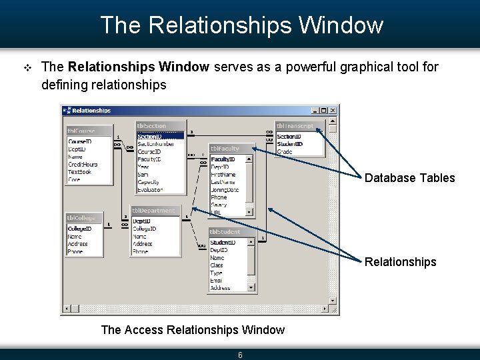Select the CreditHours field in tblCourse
(x=83, y=164)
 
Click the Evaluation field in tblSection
(x=150, y=190)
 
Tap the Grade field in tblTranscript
(x=285, y=152)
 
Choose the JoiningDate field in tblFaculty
(x=225, y=189)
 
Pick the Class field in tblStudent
(x=217, y=265)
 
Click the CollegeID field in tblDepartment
(x=145, y=229)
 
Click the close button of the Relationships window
(x=333, y=111)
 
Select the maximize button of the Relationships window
(x=324, y=111)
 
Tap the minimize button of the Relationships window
(x=315, y=111)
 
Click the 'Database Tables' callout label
(x=409, y=178)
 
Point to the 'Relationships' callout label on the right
(x=400, y=262)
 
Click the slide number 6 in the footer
(x=240, y=355)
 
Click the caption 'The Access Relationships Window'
(x=193, y=329)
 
